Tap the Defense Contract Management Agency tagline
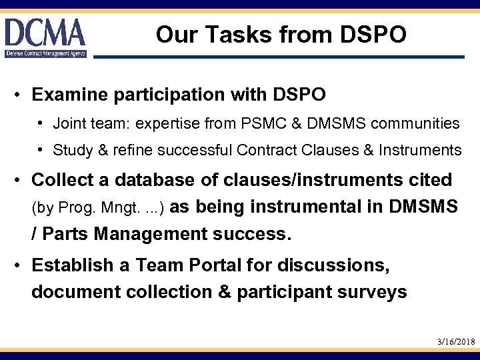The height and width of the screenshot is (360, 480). pos(45,53)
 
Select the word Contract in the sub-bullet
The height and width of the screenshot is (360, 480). pos(262,151)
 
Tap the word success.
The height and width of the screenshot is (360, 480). pos(255,235)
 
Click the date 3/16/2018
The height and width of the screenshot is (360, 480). pos(456,341)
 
